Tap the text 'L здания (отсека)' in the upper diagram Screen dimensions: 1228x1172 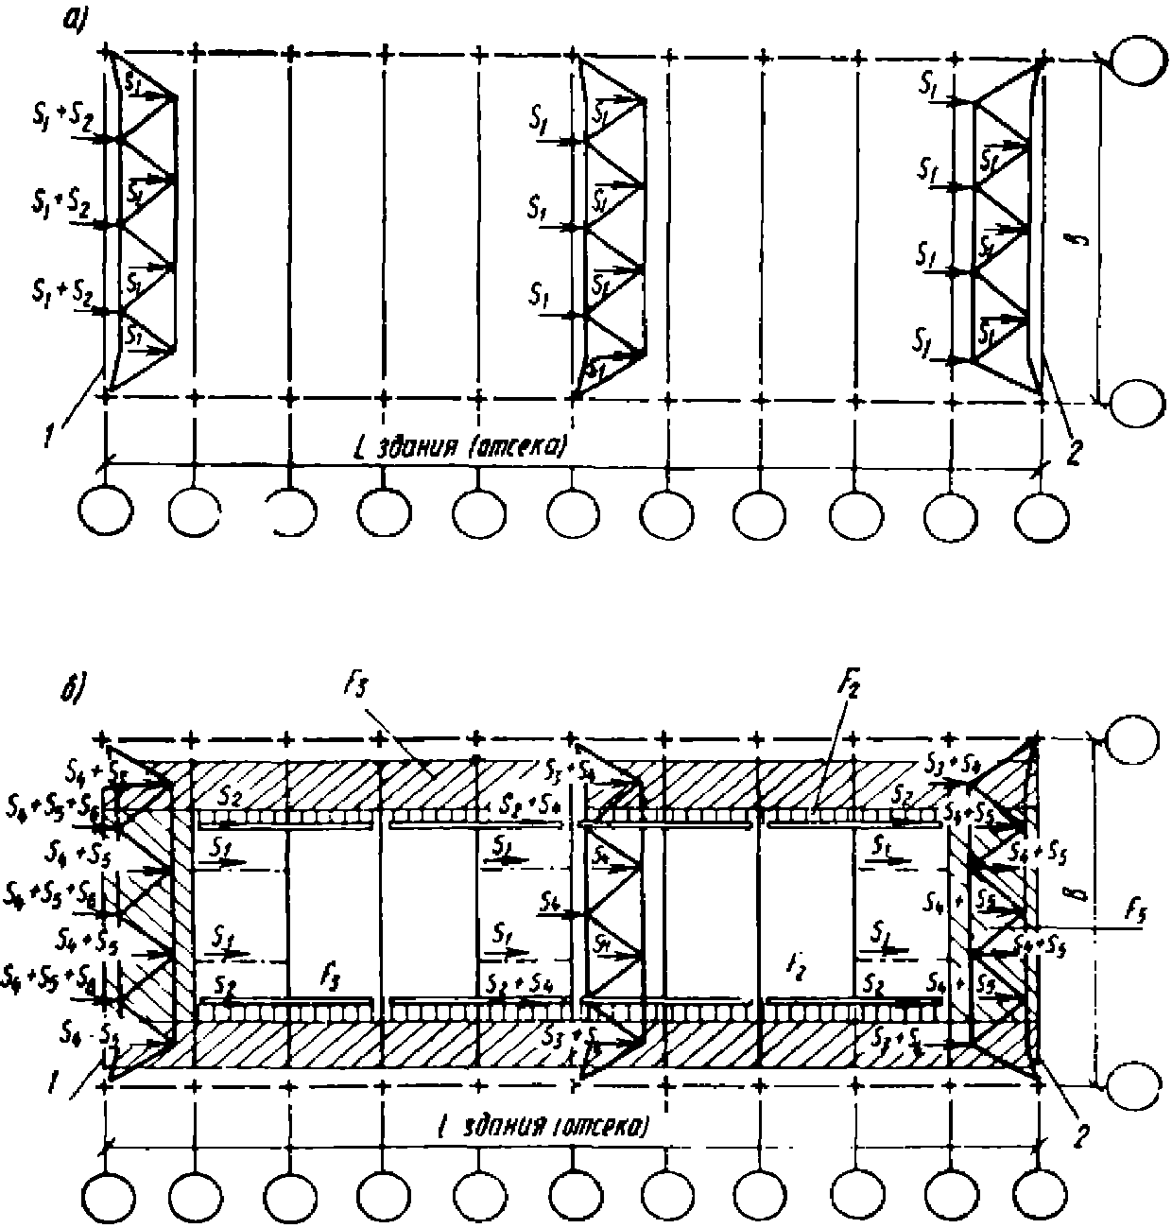(457, 445)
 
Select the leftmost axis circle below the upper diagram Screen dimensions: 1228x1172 (103, 512)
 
